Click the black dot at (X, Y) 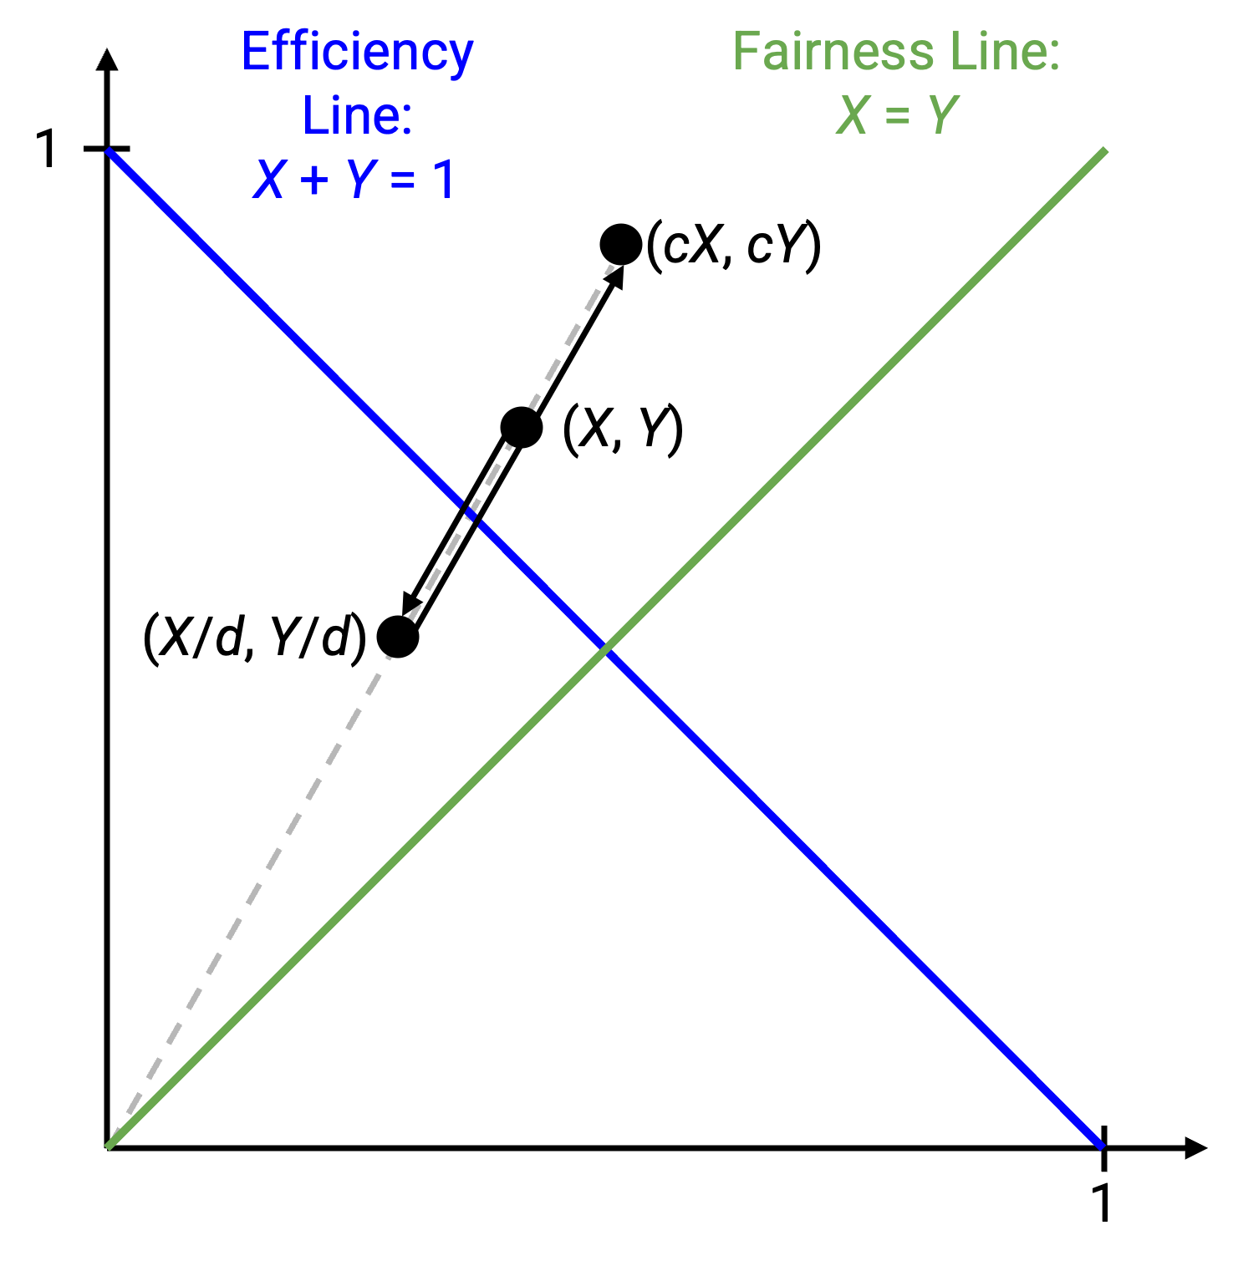[522, 428]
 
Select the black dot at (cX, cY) [621, 245]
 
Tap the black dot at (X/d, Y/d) [398, 638]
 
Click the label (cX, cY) [734, 247]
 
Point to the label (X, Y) [624, 430]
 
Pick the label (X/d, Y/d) [255, 638]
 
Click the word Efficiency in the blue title [357, 53]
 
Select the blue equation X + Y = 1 [354, 179]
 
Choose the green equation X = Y [896, 115]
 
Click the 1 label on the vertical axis [48, 150]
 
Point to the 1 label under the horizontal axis [1103, 1202]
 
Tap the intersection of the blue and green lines [605, 648]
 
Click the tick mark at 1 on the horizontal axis [1103, 1147]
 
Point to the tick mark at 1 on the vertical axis [107, 150]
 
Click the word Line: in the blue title [357, 115]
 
